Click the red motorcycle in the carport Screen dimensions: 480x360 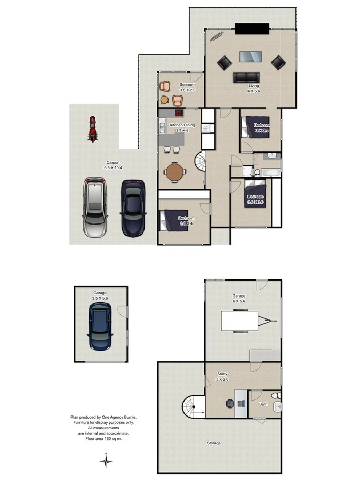(93, 129)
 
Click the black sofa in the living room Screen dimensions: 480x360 (245, 77)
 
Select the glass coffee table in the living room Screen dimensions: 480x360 (250, 57)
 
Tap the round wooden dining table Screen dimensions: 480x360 (174, 172)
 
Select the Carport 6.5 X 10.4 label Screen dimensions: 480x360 (113, 165)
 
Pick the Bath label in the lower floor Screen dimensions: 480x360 (263, 404)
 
